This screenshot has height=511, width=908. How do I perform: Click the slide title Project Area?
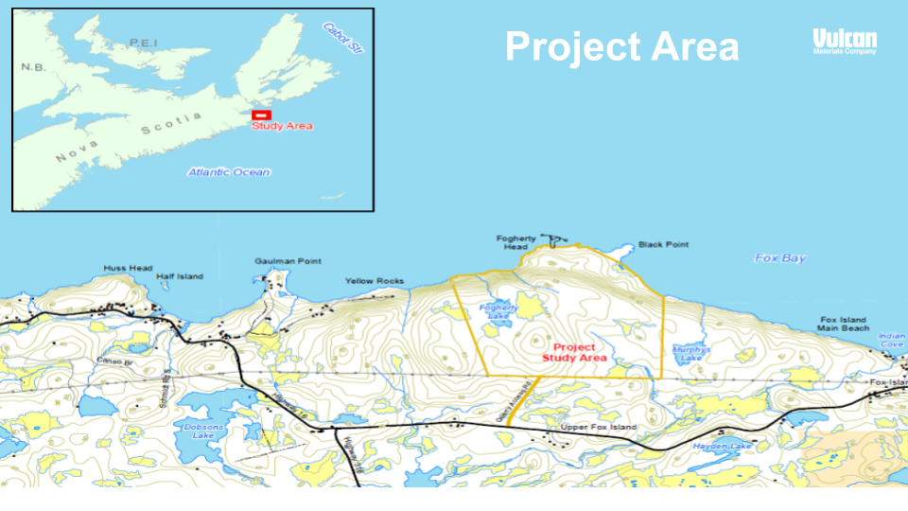tap(621, 45)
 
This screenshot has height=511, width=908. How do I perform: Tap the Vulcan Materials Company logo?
tap(845, 41)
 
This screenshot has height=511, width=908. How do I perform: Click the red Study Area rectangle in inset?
tap(261, 115)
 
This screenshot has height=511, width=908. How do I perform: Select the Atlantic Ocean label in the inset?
tap(228, 172)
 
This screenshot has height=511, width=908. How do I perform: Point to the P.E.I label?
tap(145, 43)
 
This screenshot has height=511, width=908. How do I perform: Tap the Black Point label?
tap(663, 244)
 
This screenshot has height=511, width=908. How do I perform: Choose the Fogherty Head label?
tap(515, 242)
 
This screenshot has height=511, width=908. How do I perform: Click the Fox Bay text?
tap(779, 257)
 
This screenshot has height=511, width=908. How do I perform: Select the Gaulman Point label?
tap(288, 261)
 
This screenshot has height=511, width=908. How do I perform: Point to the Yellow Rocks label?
tap(374, 281)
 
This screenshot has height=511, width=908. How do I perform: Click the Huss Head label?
tap(128, 269)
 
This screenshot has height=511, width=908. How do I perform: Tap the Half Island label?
tap(180, 276)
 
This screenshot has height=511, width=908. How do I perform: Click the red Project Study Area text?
tap(574, 353)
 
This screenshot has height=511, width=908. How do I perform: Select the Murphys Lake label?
tap(690, 353)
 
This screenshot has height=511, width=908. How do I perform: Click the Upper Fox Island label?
tap(599, 428)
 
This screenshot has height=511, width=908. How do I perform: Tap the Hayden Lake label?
tap(722, 446)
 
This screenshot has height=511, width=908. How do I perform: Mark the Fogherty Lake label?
tap(498, 312)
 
